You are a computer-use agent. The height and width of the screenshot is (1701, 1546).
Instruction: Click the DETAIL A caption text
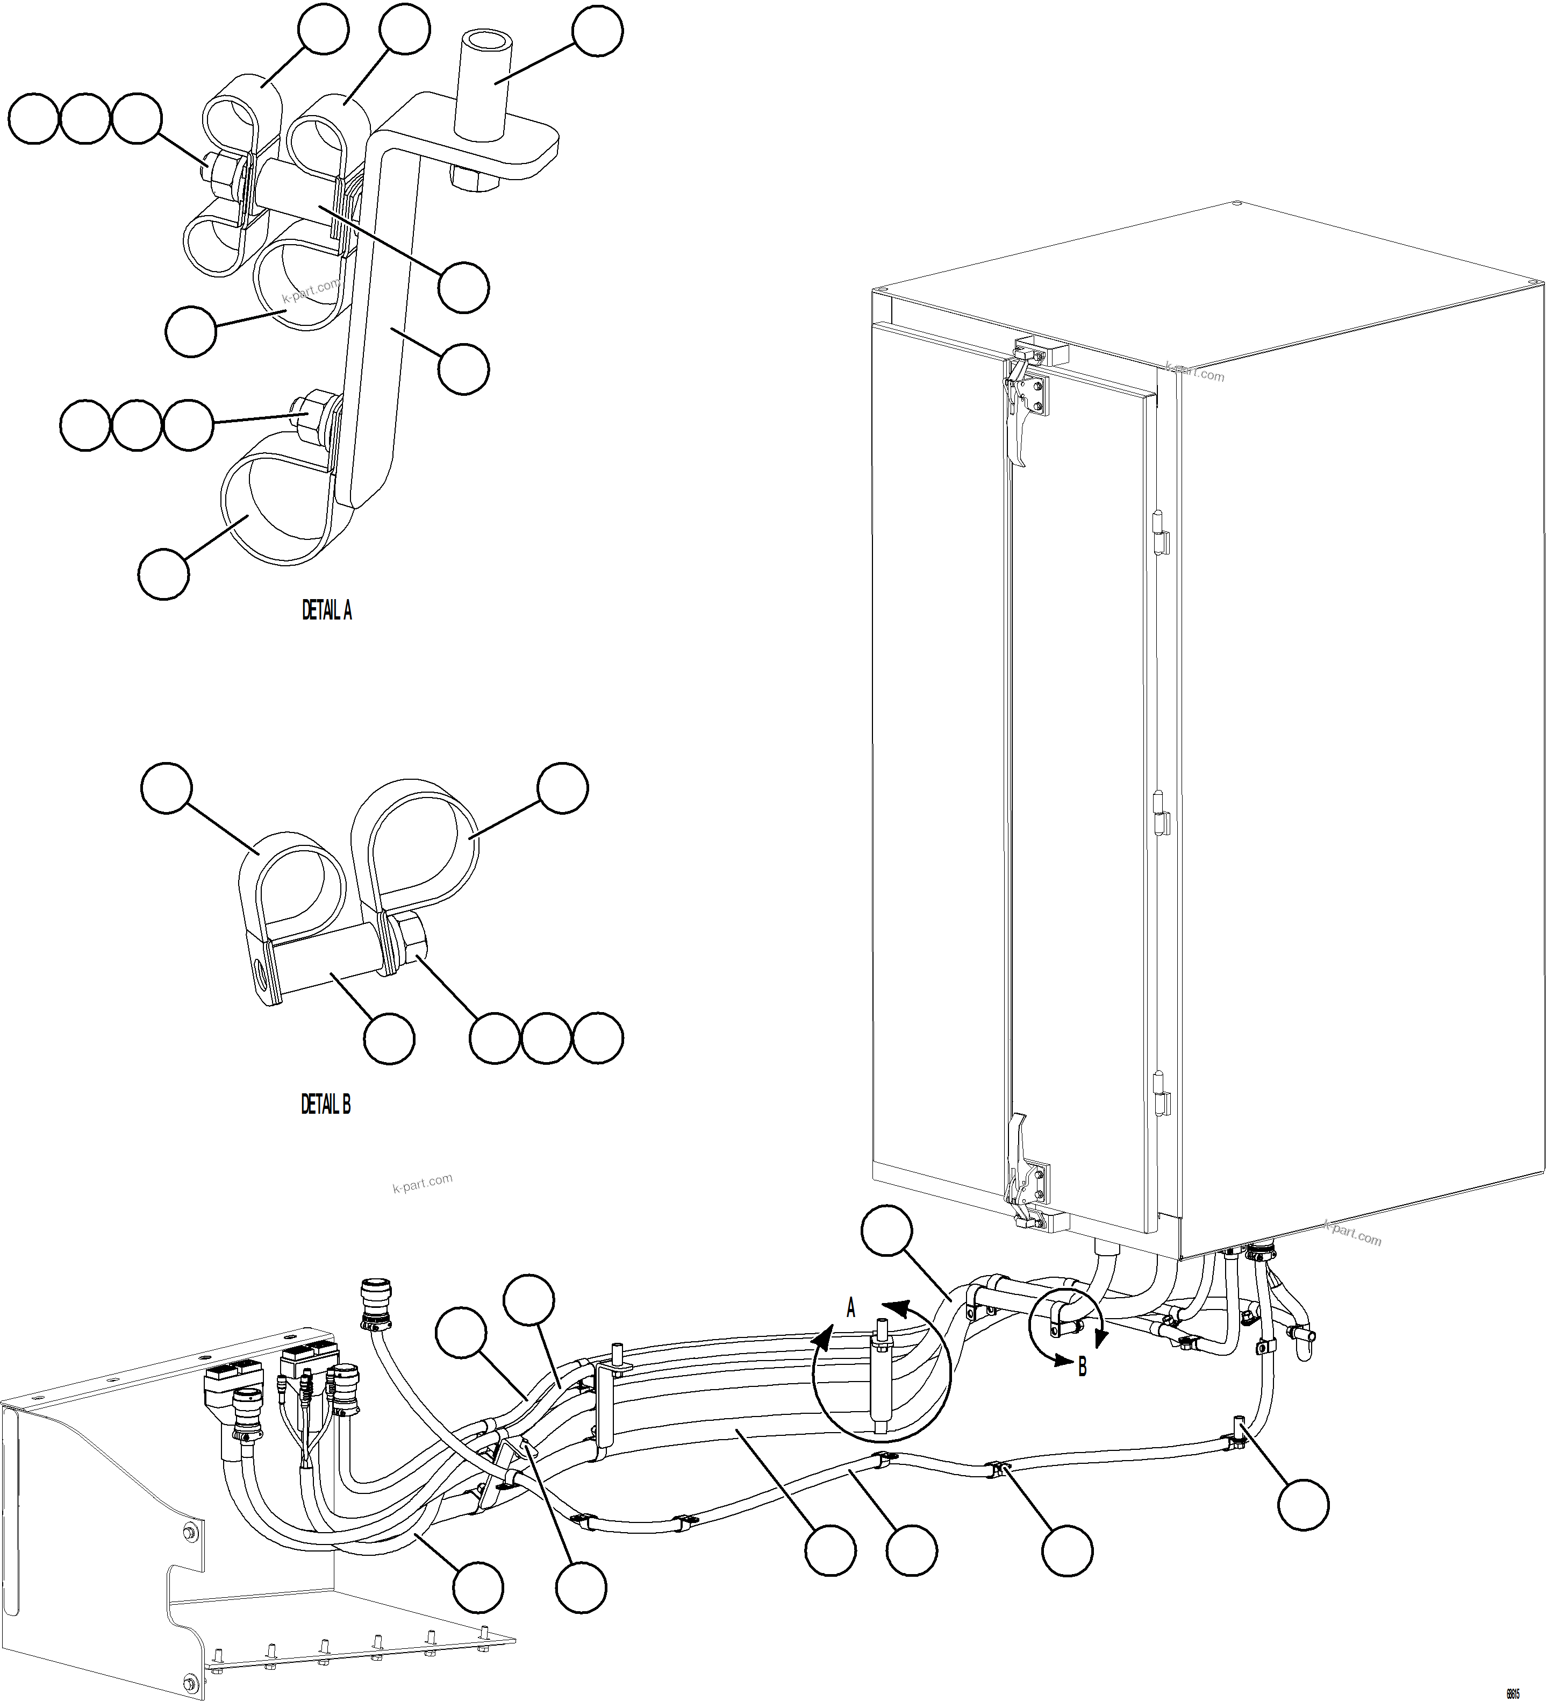[x=326, y=611]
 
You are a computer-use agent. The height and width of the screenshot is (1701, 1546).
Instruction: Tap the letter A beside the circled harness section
[x=850, y=1308]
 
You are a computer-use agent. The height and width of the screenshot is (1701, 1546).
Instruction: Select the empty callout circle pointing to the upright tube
[x=597, y=31]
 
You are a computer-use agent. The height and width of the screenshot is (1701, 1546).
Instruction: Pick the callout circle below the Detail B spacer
[x=389, y=1038]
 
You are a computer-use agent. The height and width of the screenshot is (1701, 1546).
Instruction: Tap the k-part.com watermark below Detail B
[x=422, y=1184]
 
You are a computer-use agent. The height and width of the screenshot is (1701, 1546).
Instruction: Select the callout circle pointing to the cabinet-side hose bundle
[x=886, y=1231]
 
